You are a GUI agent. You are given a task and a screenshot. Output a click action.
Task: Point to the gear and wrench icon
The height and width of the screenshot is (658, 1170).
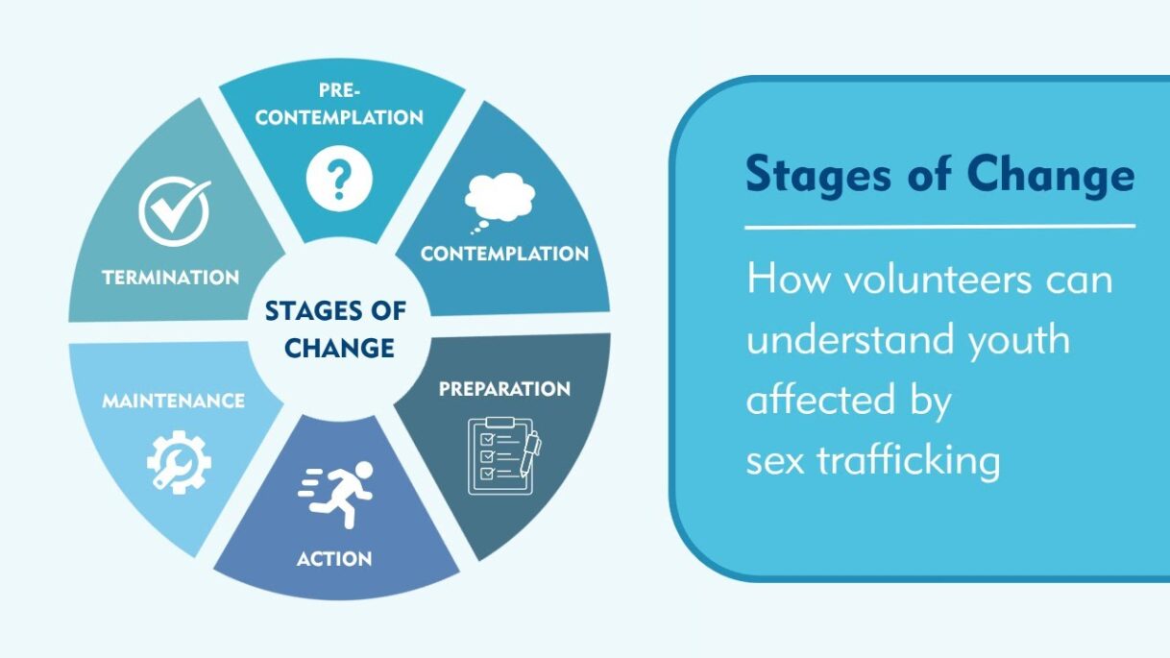click(x=179, y=462)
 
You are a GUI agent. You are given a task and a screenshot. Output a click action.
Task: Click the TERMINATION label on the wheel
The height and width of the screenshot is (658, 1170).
click(x=171, y=278)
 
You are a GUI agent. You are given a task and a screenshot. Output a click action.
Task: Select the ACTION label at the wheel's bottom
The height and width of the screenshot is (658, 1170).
click(x=334, y=558)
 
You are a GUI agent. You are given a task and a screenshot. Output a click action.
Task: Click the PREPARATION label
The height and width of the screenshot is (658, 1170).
click(x=504, y=389)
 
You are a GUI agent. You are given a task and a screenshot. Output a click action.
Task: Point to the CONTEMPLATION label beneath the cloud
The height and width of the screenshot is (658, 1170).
click(x=504, y=255)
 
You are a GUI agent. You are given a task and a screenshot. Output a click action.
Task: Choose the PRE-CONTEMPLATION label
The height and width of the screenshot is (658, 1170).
click(x=339, y=105)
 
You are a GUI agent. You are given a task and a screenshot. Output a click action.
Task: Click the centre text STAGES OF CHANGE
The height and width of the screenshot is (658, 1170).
click(x=335, y=329)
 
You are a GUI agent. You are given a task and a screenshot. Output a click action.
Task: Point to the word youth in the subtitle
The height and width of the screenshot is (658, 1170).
click(x=1016, y=339)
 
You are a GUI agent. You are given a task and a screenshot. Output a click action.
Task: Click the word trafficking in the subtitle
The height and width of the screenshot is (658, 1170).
click(x=908, y=460)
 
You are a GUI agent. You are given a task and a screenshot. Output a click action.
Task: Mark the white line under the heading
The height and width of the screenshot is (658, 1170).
click(x=939, y=227)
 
